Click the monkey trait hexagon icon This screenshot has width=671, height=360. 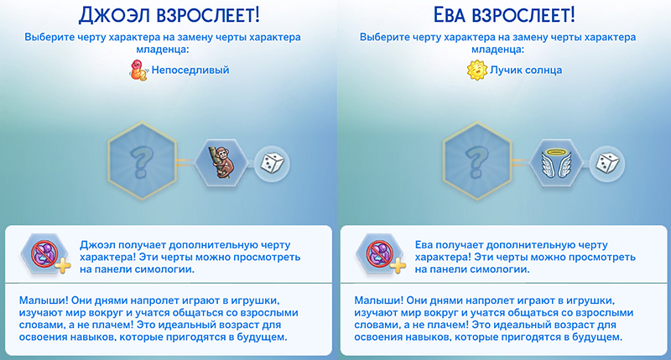[x=221, y=163]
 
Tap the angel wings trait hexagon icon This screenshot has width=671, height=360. [x=556, y=163]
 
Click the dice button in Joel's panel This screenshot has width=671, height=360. [x=272, y=164]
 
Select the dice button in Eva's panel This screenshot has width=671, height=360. [x=607, y=164]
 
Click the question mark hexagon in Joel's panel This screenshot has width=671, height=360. [x=142, y=161]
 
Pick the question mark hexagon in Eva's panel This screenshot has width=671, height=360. [x=476, y=161]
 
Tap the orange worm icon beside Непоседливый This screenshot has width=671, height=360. [x=139, y=70]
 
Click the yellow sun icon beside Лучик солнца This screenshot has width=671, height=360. [x=477, y=70]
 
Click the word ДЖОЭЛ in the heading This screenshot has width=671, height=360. [x=114, y=15]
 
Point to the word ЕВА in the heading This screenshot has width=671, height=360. [x=450, y=15]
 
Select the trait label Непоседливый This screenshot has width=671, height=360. [x=190, y=70]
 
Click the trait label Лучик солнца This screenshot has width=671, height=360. [x=526, y=70]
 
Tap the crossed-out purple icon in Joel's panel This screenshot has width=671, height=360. [x=44, y=254]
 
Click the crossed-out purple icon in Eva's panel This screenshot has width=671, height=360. [x=380, y=254]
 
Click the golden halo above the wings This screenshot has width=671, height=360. [x=556, y=153]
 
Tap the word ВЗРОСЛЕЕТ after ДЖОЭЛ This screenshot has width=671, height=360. [x=208, y=15]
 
